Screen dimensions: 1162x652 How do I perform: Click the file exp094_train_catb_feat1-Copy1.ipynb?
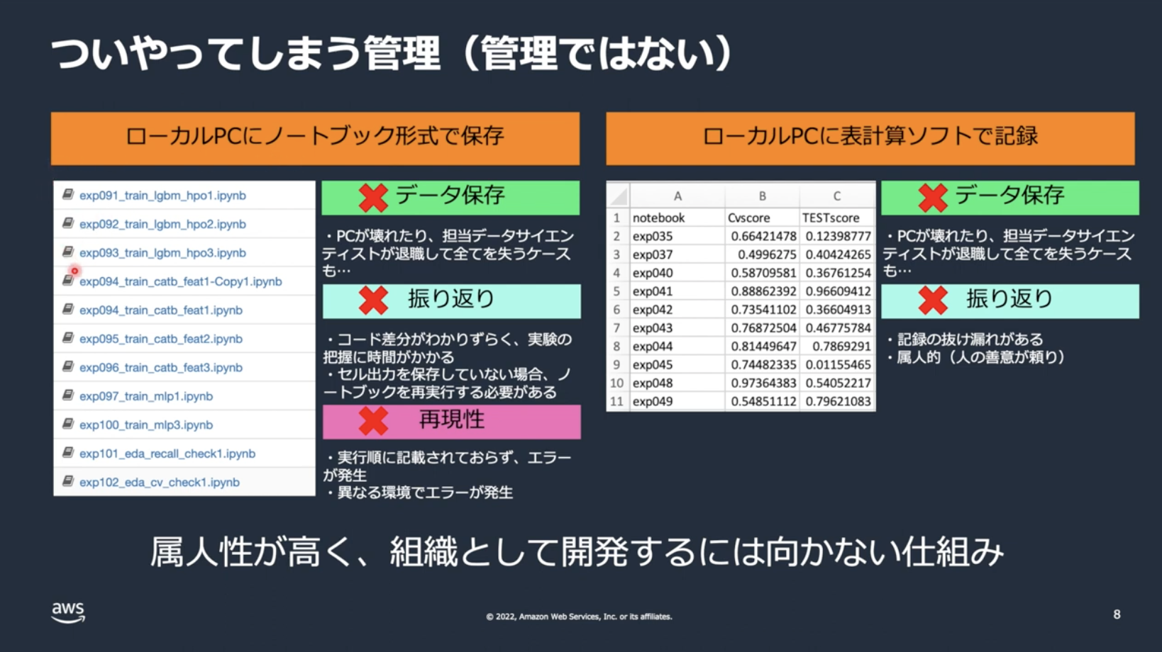[180, 281]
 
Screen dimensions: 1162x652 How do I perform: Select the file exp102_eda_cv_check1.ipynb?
[159, 483]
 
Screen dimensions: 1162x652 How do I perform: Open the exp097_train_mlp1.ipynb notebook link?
[145, 396]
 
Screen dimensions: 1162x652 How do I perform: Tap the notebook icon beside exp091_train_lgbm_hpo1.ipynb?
[67, 194]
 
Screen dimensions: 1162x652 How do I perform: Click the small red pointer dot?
[74, 271]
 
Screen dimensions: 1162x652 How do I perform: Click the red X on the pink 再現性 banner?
[373, 421]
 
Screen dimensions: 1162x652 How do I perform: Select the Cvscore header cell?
[761, 218]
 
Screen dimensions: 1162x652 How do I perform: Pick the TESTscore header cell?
[837, 218]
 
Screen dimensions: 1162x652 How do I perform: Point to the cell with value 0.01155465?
[837, 365]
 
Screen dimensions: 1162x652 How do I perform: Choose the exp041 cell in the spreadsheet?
[677, 291]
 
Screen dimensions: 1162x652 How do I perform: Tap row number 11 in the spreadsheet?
[616, 402]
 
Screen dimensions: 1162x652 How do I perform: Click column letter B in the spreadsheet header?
[762, 196]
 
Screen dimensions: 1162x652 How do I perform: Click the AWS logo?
[68, 612]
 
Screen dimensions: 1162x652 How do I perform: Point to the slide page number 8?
[1117, 614]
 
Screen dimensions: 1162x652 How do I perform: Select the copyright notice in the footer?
[579, 617]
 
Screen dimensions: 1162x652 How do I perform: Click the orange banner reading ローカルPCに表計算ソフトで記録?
[870, 138]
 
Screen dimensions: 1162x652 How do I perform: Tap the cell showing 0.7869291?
[837, 347]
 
